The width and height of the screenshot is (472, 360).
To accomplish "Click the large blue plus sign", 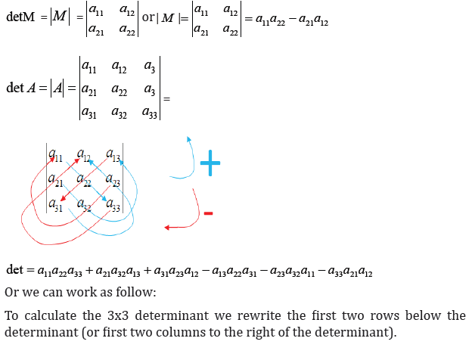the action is click(x=210, y=163).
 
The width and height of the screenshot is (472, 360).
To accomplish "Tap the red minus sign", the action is click(x=208, y=213).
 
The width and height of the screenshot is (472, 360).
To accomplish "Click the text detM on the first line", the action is click(x=20, y=17).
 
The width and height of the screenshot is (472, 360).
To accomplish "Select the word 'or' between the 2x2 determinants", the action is click(x=148, y=17).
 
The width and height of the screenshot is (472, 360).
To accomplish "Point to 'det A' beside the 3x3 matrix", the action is click(x=21, y=88).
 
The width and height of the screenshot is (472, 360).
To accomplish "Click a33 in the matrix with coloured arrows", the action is click(x=113, y=205).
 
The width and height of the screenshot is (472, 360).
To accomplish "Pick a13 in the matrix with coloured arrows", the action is click(x=113, y=155).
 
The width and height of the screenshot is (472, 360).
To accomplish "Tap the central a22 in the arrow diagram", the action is click(x=84, y=180).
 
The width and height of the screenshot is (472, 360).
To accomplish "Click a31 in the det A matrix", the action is click(x=88, y=113).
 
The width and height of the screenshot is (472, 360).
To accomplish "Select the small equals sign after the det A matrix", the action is click(x=166, y=99).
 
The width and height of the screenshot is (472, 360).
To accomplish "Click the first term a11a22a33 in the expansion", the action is click(x=60, y=271).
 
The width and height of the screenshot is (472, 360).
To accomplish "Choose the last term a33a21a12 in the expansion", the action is click(x=350, y=271).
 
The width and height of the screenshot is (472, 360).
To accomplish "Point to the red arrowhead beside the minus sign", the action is click(x=166, y=228).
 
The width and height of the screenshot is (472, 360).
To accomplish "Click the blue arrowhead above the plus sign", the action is click(x=188, y=139).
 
